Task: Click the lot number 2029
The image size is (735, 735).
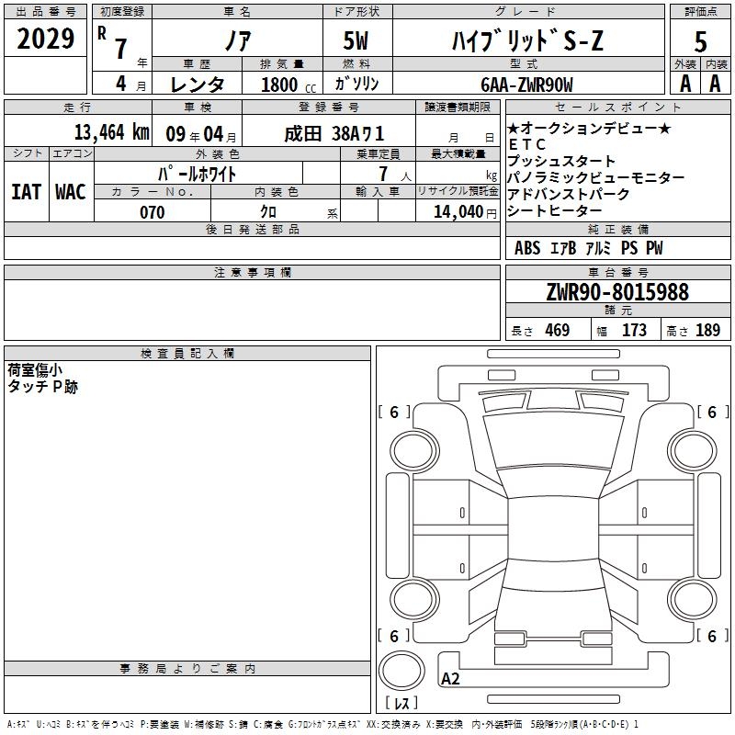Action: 45,39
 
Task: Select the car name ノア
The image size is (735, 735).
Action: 238,40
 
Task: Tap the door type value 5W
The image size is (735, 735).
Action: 356,40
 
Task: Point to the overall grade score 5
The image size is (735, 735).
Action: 700,41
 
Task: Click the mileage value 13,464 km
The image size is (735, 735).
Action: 112,132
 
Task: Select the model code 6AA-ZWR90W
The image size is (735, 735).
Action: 526,85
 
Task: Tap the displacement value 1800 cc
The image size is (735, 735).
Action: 288,85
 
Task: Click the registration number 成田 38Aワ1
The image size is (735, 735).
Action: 334,134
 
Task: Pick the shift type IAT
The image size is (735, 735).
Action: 27,192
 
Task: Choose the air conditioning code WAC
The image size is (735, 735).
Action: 71,192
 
